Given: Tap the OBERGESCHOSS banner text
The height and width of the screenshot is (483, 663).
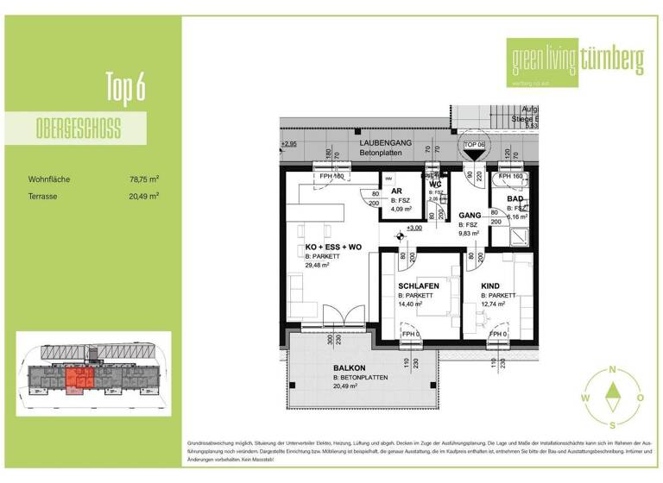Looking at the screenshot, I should tap(79, 130).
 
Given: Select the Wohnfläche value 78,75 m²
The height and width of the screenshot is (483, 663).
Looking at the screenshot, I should tap(144, 179).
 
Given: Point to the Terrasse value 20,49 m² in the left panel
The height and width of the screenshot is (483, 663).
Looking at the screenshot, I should tap(144, 197).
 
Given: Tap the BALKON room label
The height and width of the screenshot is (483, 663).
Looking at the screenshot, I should tap(349, 368).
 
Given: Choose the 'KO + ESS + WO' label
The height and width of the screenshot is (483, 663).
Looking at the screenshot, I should tap(333, 248).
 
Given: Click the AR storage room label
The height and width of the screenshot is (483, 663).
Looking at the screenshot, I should tap(396, 191).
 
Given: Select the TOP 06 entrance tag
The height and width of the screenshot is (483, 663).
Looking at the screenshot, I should tap(476, 145).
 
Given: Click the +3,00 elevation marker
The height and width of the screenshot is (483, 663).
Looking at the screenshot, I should tap(414, 229).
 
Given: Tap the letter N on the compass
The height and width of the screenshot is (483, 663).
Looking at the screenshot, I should tap(612, 369).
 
